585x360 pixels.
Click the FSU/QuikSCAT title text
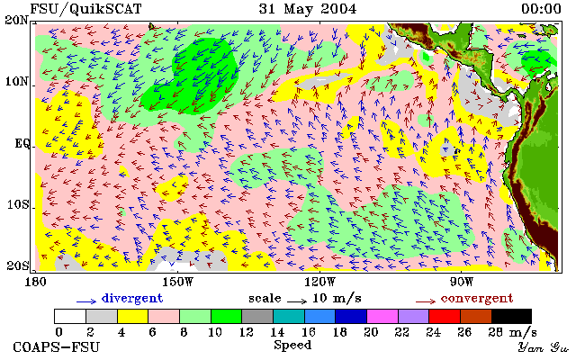[85, 9]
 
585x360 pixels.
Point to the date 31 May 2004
[308, 9]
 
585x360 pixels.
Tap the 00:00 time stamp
[541, 9]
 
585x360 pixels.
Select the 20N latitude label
[17, 20]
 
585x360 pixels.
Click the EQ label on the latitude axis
[22, 143]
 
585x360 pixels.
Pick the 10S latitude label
[18, 204]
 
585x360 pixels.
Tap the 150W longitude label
[178, 282]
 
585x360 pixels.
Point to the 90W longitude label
[462, 282]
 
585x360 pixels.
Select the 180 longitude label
[35, 282]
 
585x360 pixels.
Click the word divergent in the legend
[132, 299]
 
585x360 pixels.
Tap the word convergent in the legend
[477, 299]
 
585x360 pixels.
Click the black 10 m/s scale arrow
[297, 301]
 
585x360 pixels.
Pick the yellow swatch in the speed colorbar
[132, 316]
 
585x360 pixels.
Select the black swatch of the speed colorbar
[511, 316]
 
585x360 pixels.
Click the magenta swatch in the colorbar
[382, 316]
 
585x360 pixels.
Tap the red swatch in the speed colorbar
[445, 316]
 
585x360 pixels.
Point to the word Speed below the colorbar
[292, 345]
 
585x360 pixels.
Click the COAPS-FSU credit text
[57, 347]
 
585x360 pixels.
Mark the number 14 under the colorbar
[277, 332]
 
